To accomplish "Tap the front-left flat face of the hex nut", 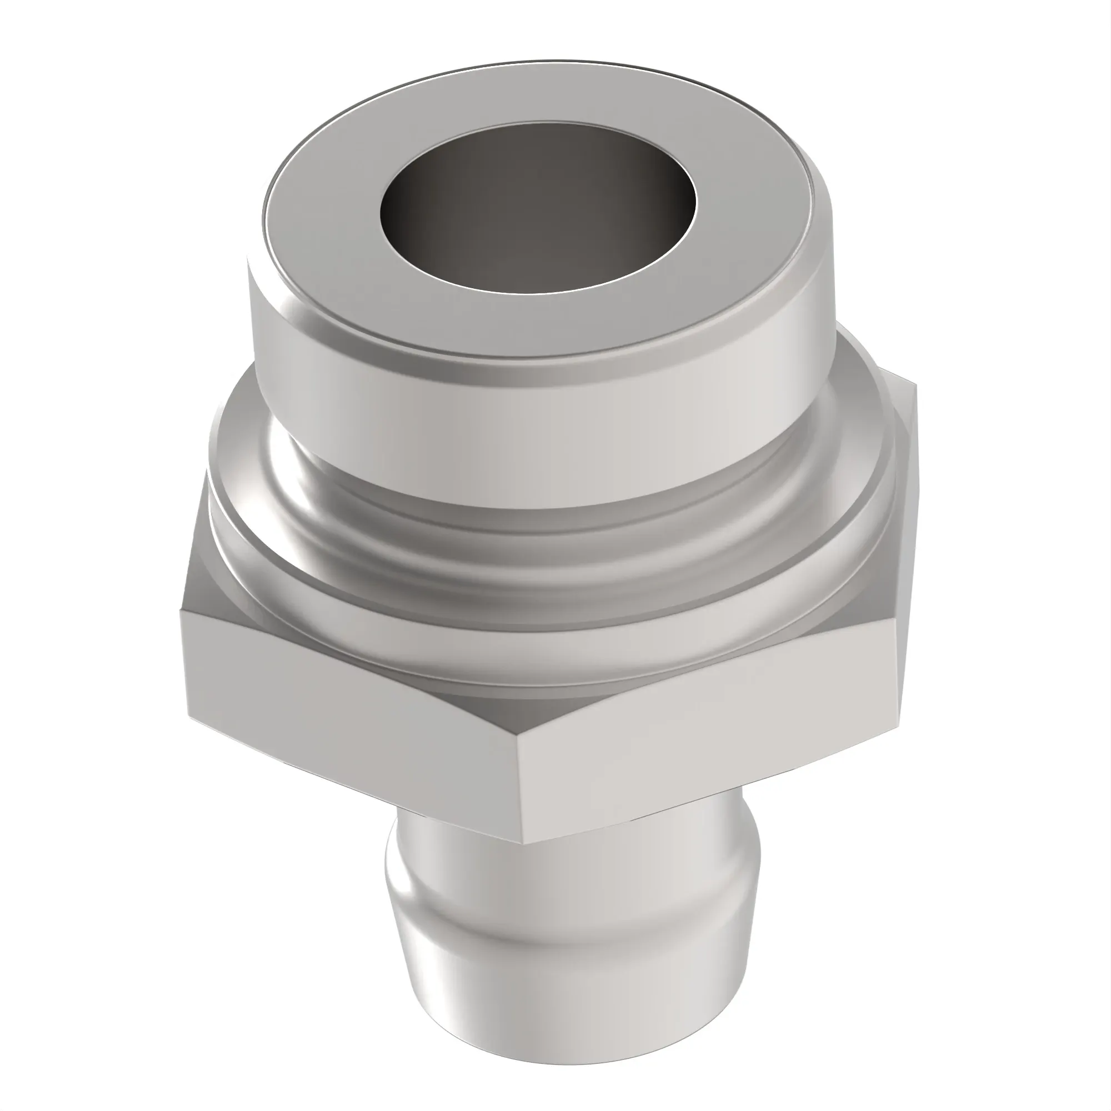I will [x=345, y=707].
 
